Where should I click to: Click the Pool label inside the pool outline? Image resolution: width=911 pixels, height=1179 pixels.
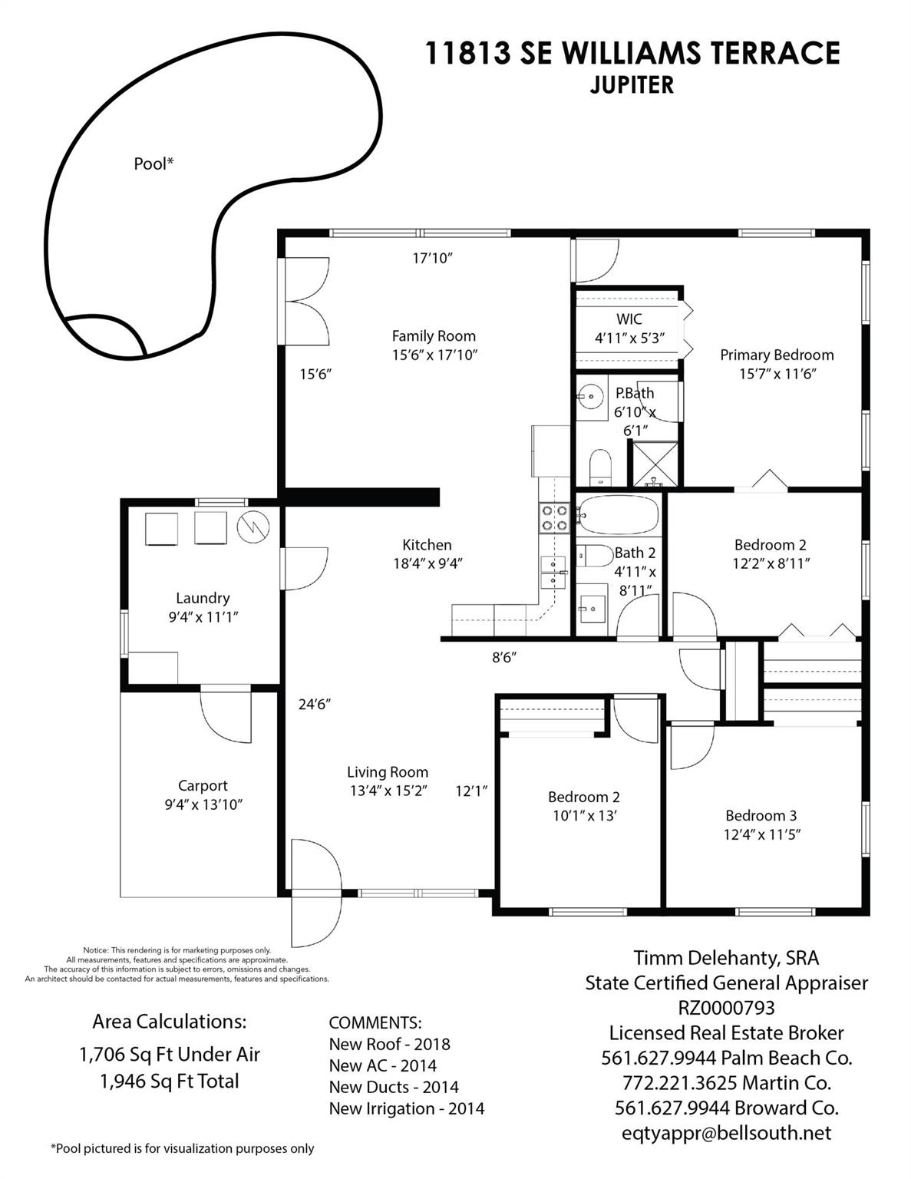point(153,163)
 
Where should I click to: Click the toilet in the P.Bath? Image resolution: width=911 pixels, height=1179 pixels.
point(599,466)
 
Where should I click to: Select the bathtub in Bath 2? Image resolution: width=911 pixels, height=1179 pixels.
point(619,514)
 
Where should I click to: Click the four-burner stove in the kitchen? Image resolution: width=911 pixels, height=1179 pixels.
point(553,517)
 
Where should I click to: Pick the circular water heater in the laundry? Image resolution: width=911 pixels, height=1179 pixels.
point(253,527)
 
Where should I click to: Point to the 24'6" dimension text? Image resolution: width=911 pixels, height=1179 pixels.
point(315,705)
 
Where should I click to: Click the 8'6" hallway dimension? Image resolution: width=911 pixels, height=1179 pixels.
point(503,658)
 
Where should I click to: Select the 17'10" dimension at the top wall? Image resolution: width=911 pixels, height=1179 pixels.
point(432,258)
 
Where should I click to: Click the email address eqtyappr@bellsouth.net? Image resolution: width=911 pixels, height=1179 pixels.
point(726,1133)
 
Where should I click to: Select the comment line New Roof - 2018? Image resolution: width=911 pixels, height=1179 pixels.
point(389,1045)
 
